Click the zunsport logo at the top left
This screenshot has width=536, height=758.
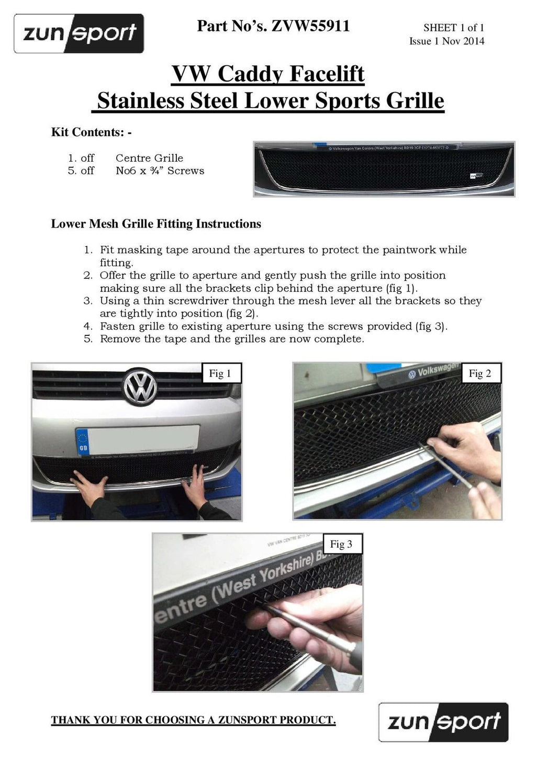click(x=79, y=33)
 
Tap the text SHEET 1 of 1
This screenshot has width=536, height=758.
click(x=453, y=27)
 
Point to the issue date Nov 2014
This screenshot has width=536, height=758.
click(x=463, y=41)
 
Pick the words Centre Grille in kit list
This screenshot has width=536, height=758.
click(x=149, y=158)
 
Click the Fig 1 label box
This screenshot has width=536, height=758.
click(x=221, y=374)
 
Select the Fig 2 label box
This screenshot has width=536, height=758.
click(x=481, y=374)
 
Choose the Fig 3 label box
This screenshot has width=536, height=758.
click(x=343, y=544)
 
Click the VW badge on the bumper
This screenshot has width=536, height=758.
click(x=140, y=386)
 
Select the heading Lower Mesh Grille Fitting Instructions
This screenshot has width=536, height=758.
click(x=156, y=224)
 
